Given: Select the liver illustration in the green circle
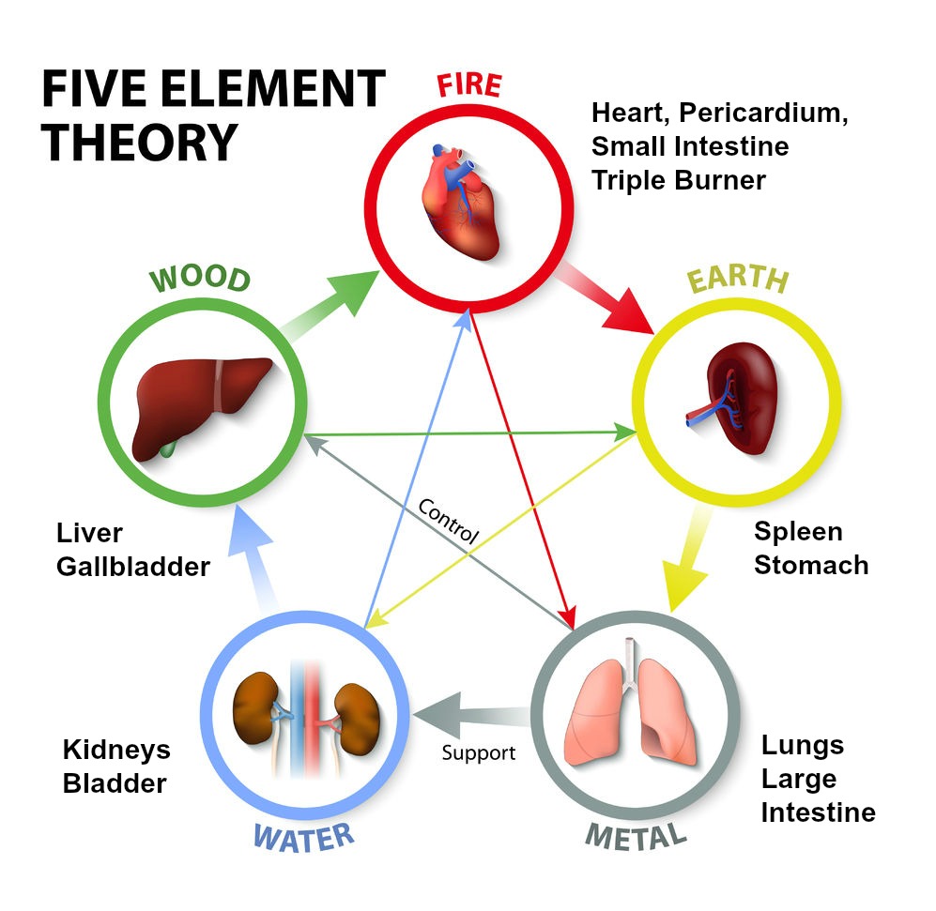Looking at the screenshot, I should (x=204, y=406).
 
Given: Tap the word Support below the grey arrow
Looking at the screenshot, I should (x=479, y=752).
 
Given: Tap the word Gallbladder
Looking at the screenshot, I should (x=132, y=567).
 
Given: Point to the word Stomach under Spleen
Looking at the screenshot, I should (x=811, y=565).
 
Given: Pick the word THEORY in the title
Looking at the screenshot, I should (x=139, y=143).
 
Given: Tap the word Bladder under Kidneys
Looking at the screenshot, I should (x=115, y=782).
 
